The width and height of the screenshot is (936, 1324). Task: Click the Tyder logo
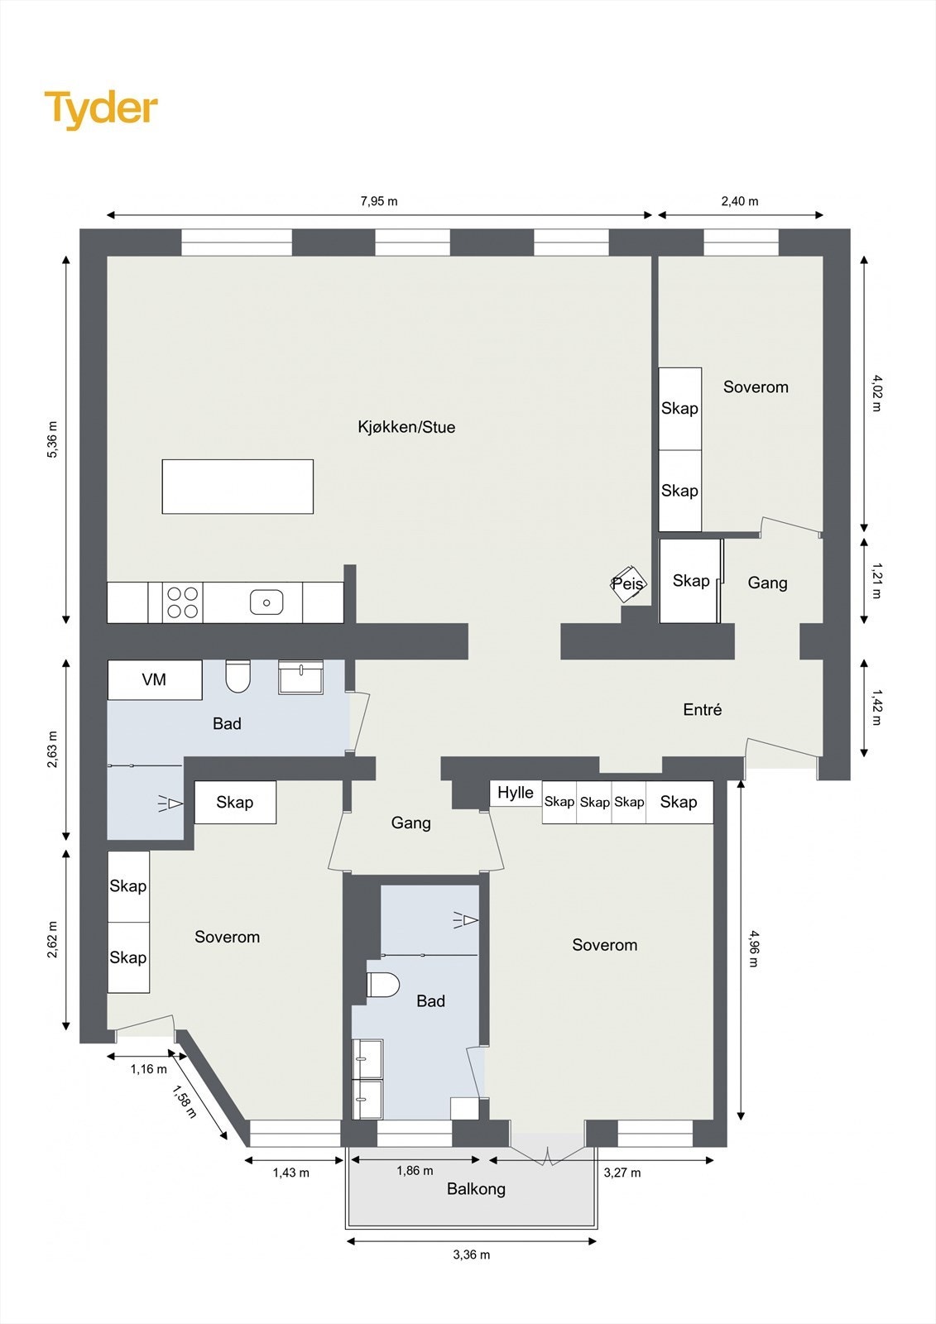[x=101, y=109]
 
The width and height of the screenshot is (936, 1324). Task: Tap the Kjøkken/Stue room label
[x=406, y=427]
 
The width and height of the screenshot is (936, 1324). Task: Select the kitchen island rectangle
[x=238, y=487]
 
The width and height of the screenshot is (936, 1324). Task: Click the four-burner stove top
[x=183, y=602]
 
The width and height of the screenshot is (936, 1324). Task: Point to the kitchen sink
[x=266, y=602]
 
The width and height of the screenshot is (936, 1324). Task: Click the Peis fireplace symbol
[x=627, y=584]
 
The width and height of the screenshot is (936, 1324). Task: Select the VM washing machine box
[x=155, y=679]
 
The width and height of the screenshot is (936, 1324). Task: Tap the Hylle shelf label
[x=516, y=793]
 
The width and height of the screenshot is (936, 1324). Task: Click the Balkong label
[x=476, y=1189]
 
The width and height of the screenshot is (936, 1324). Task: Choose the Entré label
[x=703, y=709]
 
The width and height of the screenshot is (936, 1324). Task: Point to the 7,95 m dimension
[x=379, y=201]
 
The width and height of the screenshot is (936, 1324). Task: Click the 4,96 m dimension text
[x=753, y=949]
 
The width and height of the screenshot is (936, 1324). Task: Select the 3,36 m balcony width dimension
[x=471, y=1254]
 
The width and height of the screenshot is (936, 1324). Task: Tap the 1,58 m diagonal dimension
[x=185, y=1101]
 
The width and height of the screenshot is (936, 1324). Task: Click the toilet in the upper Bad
[x=238, y=677]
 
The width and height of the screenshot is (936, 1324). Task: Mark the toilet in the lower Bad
[x=383, y=985]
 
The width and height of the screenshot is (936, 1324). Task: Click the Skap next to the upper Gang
[x=690, y=581]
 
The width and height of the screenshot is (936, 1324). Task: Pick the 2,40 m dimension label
[x=740, y=201]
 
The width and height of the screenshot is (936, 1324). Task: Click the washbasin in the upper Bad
[x=300, y=678]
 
